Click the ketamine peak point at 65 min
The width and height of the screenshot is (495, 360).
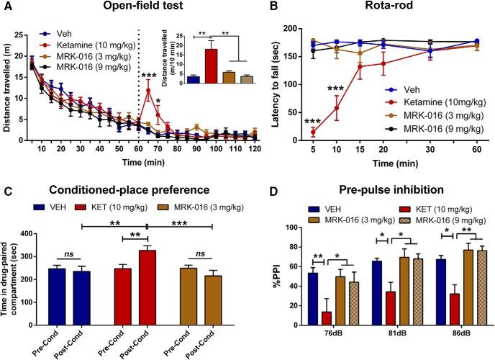[147, 90]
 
